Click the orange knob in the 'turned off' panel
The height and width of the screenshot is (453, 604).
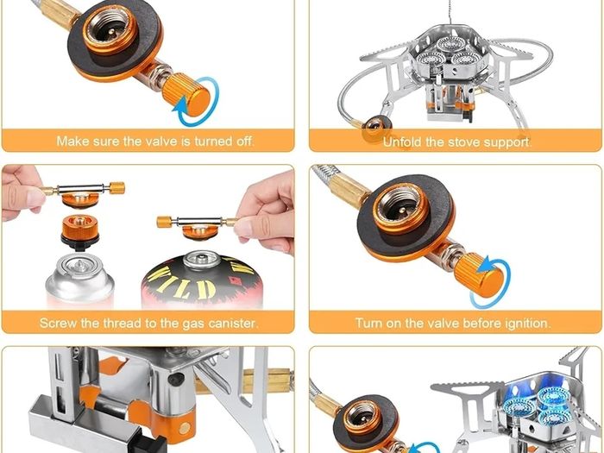click(x=186, y=94)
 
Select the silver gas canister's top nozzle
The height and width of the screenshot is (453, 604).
click(x=79, y=266)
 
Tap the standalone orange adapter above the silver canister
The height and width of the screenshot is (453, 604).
click(x=79, y=232)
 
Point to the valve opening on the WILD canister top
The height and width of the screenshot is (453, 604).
click(x=201, y=257)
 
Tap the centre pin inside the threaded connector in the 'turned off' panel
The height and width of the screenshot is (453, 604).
click(x=110, y=32)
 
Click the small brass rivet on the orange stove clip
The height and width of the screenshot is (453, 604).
click(x=186, y=426)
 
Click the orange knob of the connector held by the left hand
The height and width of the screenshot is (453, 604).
click(x=116, y=188)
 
